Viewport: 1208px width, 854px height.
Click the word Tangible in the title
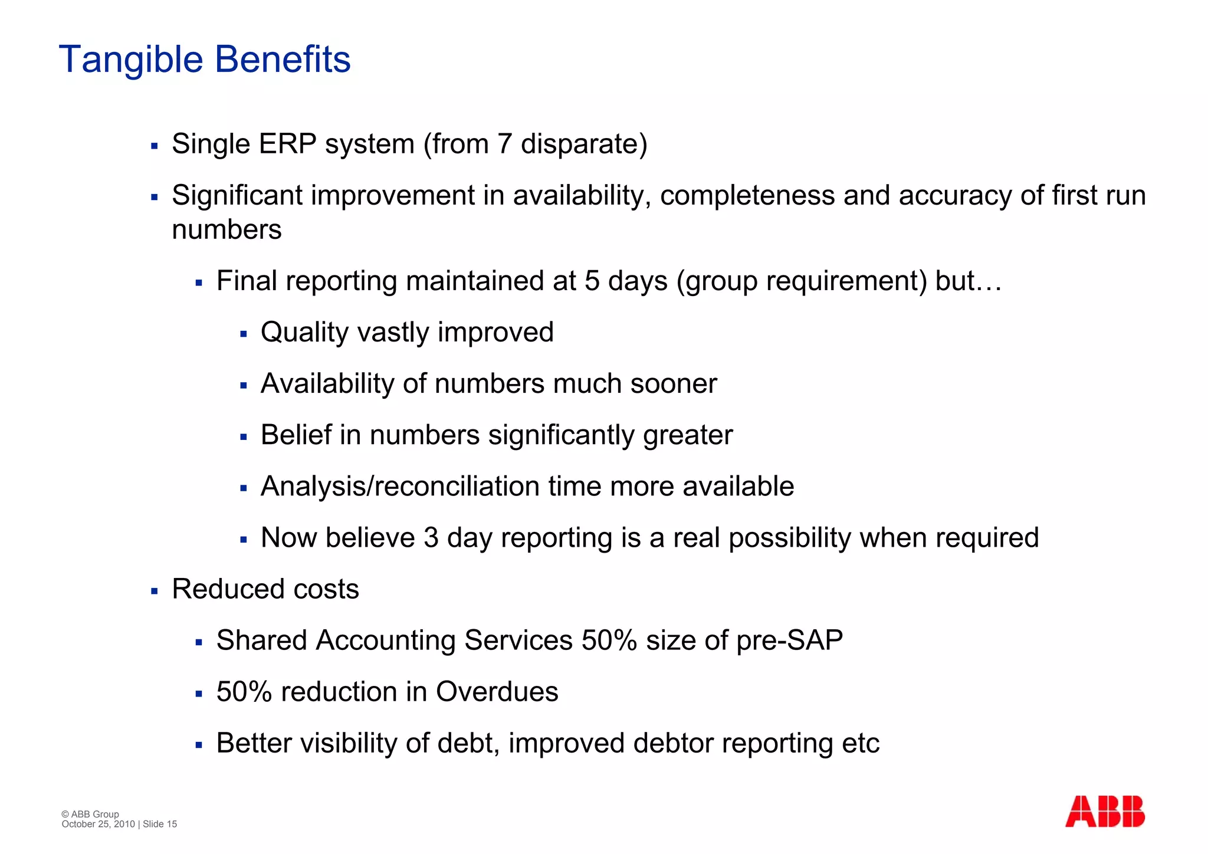[131, 60]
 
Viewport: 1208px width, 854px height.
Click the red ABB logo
[1104, 812]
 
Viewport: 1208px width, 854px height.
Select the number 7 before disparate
[504, 144]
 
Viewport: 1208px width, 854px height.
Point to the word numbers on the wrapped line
[226, 230]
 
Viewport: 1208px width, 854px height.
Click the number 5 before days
[592, 281]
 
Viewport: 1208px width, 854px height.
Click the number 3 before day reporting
[431, 538]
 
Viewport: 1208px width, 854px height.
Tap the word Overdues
[497, 692]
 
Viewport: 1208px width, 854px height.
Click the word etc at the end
[861, 743]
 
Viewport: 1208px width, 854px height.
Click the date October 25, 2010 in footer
[98, 824]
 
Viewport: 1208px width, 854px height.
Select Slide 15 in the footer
[160, 824]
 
